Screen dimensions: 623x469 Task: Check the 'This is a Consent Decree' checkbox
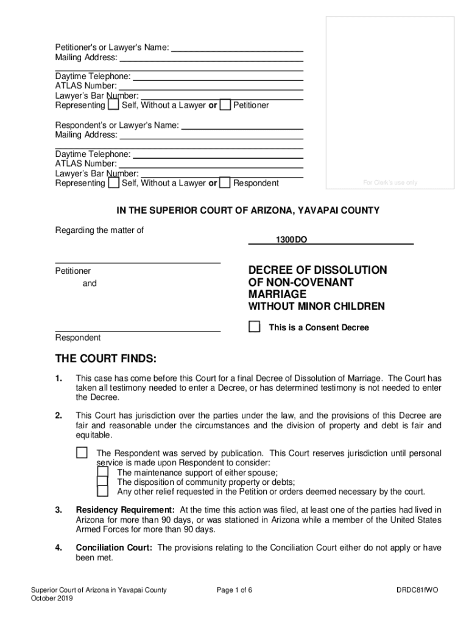pos(255,327)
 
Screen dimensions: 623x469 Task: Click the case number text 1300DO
pos(291,240)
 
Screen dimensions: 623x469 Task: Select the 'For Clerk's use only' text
pos(390,183)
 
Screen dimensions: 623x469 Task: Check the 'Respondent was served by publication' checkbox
pos(82,453)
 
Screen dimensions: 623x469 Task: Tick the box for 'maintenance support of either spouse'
pos(103,472)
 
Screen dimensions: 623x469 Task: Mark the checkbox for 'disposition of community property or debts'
pos(103,482)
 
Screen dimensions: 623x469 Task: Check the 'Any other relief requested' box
pos(103,492)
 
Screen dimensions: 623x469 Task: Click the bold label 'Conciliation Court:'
pos(114,548)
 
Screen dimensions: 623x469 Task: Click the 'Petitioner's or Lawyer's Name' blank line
pos(238,48)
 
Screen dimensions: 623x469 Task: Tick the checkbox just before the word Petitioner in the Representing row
pos(225,105)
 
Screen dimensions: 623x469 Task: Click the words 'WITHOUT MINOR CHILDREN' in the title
pos(316,307)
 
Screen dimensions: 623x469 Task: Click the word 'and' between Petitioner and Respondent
pos(90,284)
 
